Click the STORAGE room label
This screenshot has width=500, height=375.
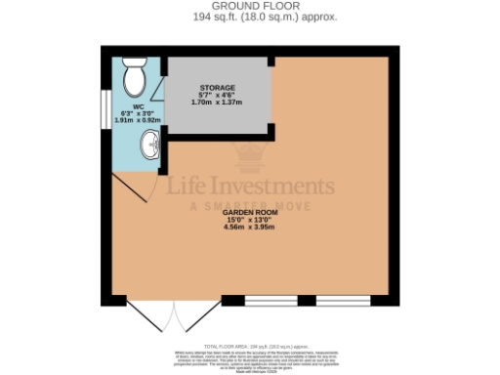click(x=217, y=87)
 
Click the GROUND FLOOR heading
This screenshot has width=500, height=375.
click(x=249, y=7)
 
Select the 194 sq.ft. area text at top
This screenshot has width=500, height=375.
click(x=250, y=18)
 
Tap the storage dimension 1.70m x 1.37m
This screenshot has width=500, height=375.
click(x=217, y=102)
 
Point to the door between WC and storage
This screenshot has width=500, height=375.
click(x=162, y=132)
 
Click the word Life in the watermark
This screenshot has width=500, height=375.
click(x=190, y=187)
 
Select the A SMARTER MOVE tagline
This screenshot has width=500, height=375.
click(x=249, y=205)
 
